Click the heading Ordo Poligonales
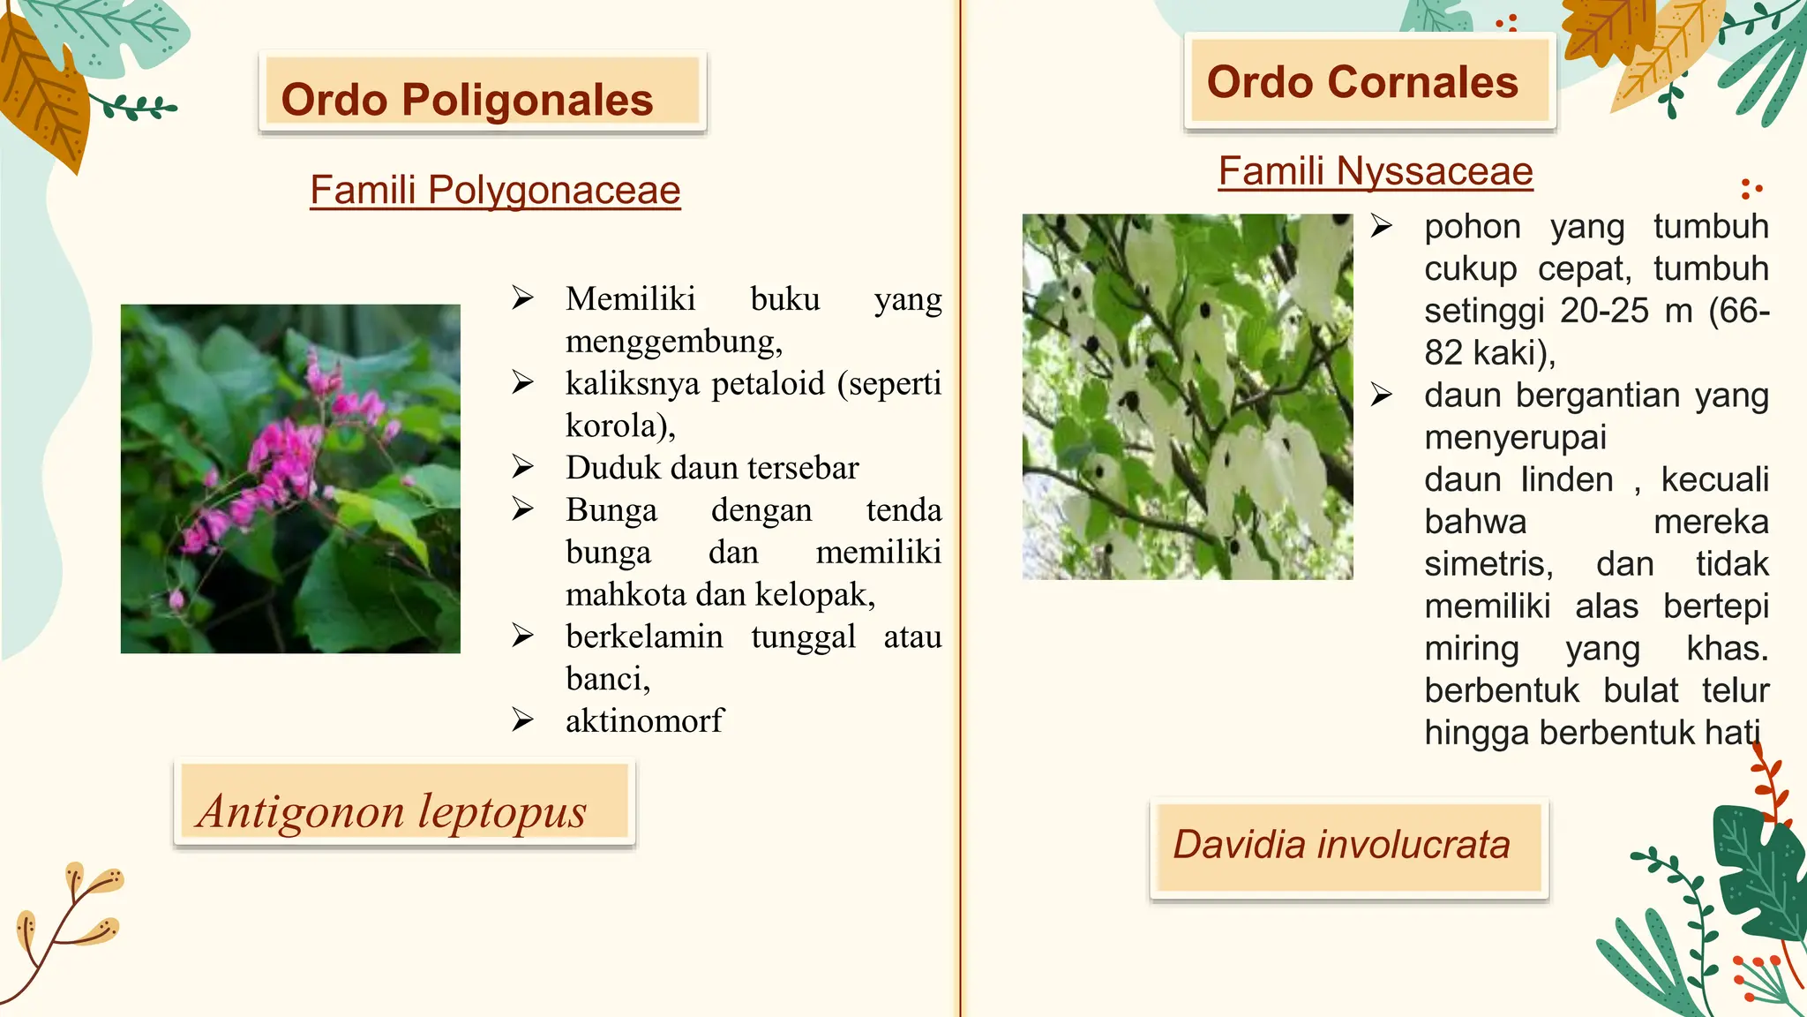[468, 99]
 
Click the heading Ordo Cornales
[1362, 82]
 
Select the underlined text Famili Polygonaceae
[495, 190]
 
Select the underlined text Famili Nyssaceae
[1376, 171]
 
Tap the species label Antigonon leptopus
[393, 810]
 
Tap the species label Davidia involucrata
[1341, 845]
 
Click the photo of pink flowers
[290, 478]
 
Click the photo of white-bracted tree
[1187, 396]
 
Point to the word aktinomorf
[644, 721]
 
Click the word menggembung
[672, 341]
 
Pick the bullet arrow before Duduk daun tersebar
[522, 467]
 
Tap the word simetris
[1488, 564]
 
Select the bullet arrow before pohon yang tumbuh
[1382, 227]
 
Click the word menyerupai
[1515, 438]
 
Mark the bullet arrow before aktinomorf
[522, 721]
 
